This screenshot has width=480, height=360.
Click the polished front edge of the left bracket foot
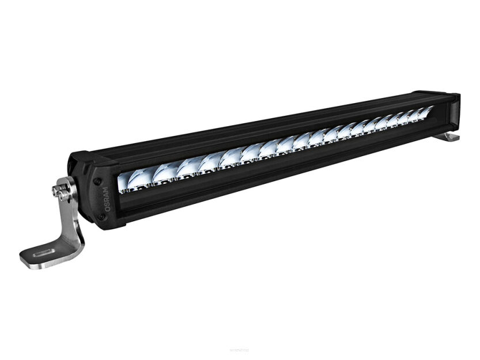35,262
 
